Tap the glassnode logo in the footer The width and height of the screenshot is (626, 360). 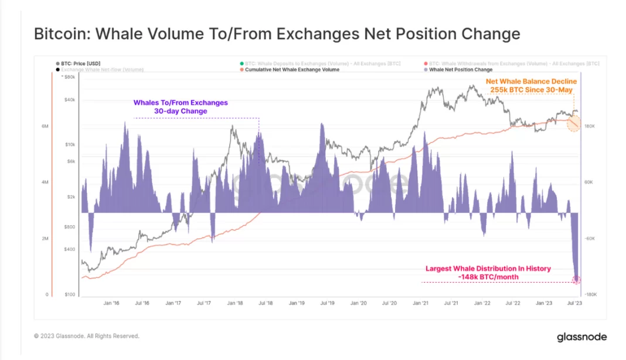click(x=581, y=337)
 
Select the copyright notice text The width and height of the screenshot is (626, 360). click(x=87, y=336)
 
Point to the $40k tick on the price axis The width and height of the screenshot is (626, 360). click(x=70, y=100)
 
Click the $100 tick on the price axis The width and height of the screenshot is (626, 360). click(x=70, y=294)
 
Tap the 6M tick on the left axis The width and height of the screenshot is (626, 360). click(x=45, y=127)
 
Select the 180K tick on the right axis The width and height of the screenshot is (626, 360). click(x=590, y=127)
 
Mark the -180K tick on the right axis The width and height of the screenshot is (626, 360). click(x=591, y=294)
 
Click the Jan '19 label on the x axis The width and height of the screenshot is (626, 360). click(x=297, y=304)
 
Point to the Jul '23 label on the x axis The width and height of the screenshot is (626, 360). click(x=575, y=304)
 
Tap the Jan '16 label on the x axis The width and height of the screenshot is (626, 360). click(x=111, y=304)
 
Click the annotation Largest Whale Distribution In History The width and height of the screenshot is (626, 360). click(x=488, y=269)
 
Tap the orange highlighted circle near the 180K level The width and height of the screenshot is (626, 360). click(x=574, y=123)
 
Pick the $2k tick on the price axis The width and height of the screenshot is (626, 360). click(x=70, y=197)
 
